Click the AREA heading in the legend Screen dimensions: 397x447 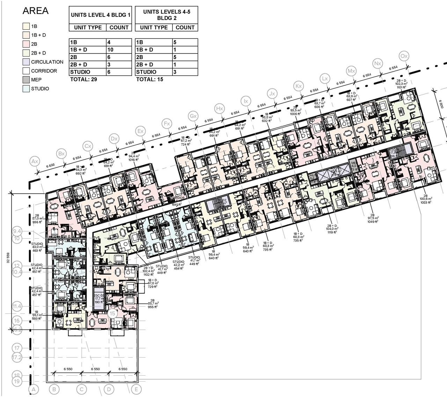click(x=35, y=11)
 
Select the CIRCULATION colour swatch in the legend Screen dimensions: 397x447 click(x=26, y=62)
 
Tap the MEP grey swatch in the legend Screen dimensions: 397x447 click(x=26, y=80)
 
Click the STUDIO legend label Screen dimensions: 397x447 click(x=40, y=89)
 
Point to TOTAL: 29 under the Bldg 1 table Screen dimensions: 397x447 click(x=83, y=79)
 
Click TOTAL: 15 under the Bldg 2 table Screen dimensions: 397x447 click(x=149, y=79)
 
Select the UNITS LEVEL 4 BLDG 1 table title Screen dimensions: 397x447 click(x=101, y=15)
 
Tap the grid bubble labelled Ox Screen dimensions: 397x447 click(x=404, y=56)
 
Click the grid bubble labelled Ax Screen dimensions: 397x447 click(x=35, y=161)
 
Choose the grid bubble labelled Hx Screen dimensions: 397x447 click(x=219, y=108)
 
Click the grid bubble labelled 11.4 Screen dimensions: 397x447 click(x=17, y=306)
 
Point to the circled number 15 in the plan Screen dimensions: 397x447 click(x=112, y=313)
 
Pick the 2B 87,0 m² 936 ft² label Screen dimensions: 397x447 click(x=36, y=218)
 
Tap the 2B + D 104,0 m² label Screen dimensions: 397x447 click(x=332, y=229)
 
